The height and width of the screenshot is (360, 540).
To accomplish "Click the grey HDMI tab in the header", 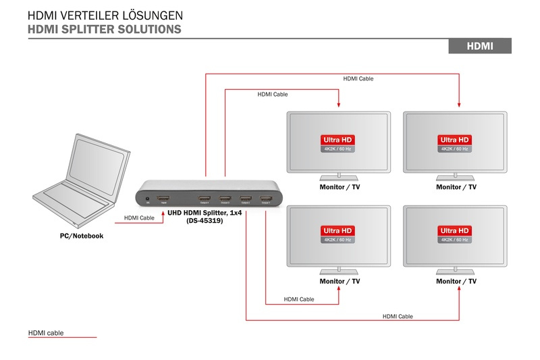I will coord(480,46).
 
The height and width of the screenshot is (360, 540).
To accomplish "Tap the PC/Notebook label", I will coord(81,236).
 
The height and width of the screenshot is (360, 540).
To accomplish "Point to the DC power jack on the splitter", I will coord(147,199).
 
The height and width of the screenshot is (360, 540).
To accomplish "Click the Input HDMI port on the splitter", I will coord(163,199).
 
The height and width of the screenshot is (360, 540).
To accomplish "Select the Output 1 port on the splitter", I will coord(266,199).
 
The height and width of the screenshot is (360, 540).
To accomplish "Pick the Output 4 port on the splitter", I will coord(205,199).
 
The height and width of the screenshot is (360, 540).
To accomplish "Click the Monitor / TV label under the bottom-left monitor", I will coord(340,281).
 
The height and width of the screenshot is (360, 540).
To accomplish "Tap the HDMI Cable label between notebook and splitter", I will coord(139,218).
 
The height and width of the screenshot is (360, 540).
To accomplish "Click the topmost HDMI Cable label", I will coord(358,79).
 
